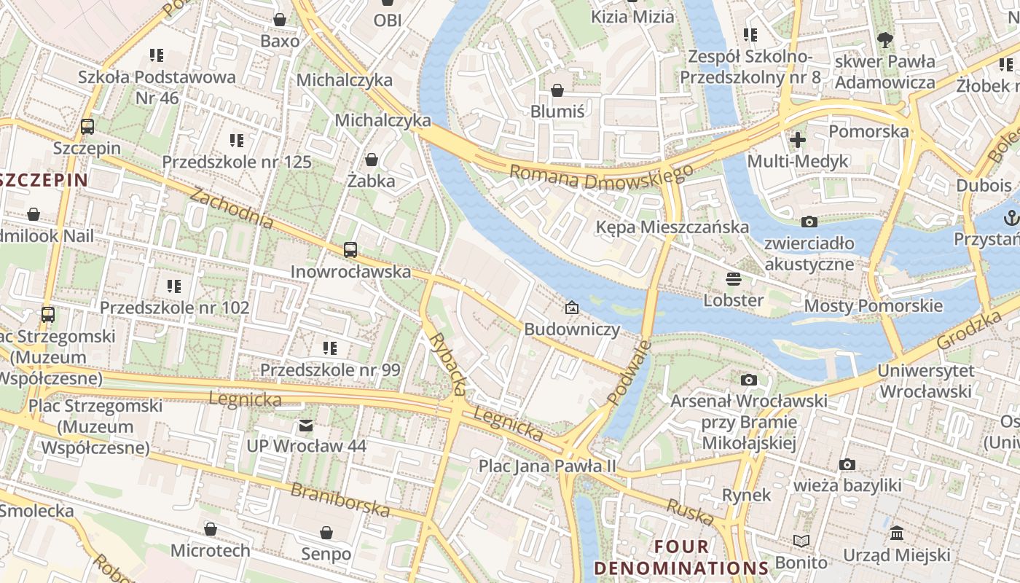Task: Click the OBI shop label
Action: (388, 20)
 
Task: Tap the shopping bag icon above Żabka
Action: (372, 159)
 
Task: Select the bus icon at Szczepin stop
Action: (87, 127)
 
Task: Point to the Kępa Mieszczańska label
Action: (672, 227)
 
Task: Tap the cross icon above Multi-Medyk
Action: (798, 139)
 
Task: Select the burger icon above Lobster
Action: (733, 278)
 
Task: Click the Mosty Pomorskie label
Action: (873, 305)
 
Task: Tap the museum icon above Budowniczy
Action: (572, 308)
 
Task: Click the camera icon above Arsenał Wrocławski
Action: (748, 380)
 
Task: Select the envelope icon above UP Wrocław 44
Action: (306, 425)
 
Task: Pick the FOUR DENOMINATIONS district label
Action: (680, 557)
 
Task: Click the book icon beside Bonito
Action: (801, 541)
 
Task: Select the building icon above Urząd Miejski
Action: (897, 533)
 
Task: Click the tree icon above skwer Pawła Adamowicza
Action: (885, 39)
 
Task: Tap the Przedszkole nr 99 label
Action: (330, 370)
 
